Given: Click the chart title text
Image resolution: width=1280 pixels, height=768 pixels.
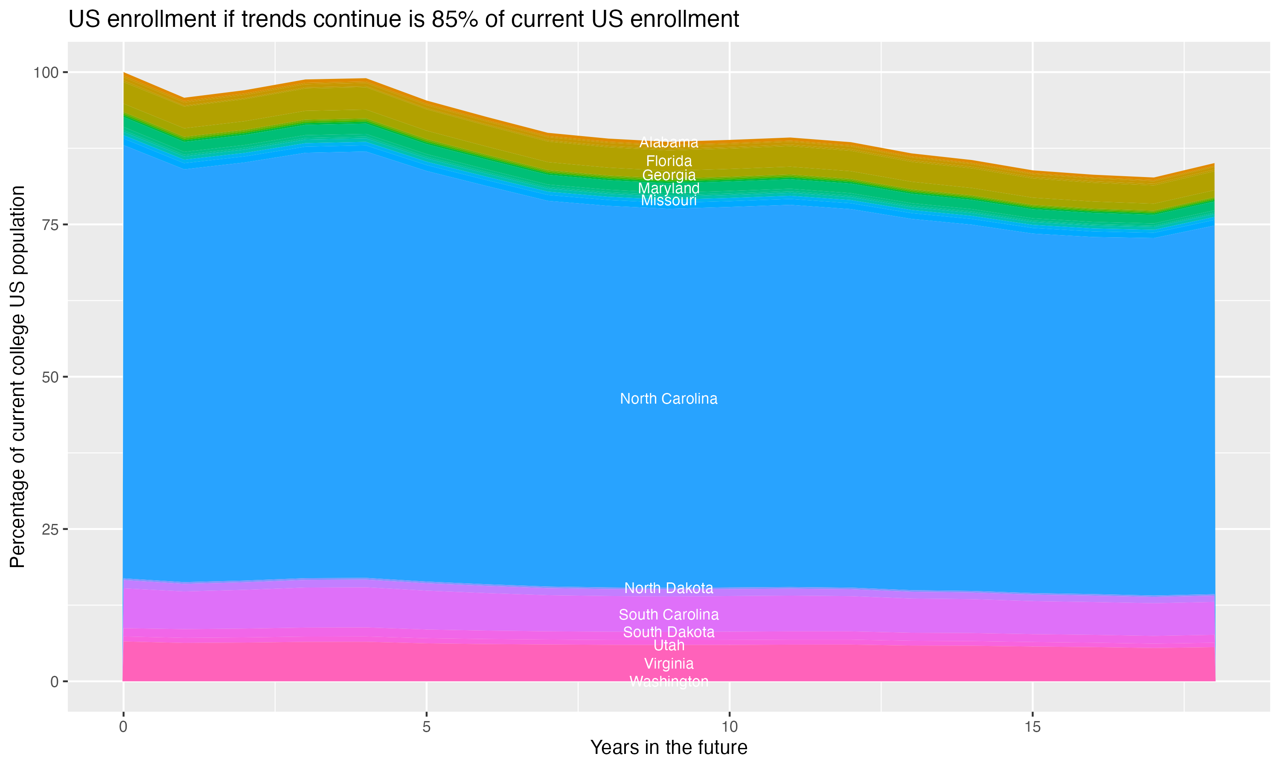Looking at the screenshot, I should [404, 20].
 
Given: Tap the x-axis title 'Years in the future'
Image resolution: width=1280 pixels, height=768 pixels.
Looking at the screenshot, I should [669, 747].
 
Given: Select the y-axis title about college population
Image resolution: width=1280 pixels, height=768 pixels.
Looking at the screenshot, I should [17, 377].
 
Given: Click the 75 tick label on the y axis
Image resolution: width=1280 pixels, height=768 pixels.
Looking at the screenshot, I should [50, 224].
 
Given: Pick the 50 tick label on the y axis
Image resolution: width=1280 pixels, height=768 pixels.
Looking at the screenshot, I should [50, 377].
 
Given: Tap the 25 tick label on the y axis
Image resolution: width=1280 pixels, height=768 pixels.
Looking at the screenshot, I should [50, 529].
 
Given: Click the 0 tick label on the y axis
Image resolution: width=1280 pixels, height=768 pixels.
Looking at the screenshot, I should [54, 681].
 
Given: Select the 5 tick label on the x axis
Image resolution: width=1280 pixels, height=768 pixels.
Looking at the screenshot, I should [426, 727].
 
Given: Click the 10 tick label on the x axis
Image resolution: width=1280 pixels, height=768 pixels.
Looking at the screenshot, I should [729, 727].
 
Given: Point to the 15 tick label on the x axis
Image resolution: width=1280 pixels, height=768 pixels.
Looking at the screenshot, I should [1032, 727].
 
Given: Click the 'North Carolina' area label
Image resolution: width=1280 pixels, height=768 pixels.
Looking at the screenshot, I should [669, 399].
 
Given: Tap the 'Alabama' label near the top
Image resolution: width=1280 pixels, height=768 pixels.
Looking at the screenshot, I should [669, 143].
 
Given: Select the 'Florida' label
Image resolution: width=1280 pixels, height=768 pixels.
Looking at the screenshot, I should [669, 161].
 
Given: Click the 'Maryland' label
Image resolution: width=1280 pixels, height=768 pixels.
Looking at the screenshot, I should [669, 189].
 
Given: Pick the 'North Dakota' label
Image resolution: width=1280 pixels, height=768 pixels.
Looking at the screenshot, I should [669, 588].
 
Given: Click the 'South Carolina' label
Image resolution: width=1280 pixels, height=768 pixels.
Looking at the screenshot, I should [669, 614].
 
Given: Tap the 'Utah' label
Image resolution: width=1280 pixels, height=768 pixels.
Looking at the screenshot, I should [669, 646].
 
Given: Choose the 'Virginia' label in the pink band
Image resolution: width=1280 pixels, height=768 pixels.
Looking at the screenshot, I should [669, 663].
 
